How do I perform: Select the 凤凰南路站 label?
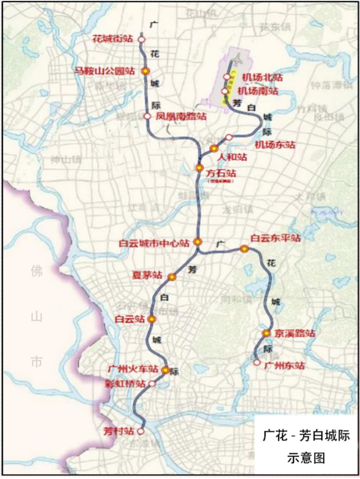pos(181,117)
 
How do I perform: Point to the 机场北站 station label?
pos(261,77)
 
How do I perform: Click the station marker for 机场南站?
pos(225,91)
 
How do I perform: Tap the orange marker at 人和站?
pos(214,149)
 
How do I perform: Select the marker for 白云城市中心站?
pos(197,242)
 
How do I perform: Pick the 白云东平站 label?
pos(276,238)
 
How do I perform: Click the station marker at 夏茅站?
pos(172,277)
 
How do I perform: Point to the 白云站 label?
pos(130,319)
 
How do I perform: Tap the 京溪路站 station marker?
pos(267,334)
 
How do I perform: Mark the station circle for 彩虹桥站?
pos(152,384)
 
